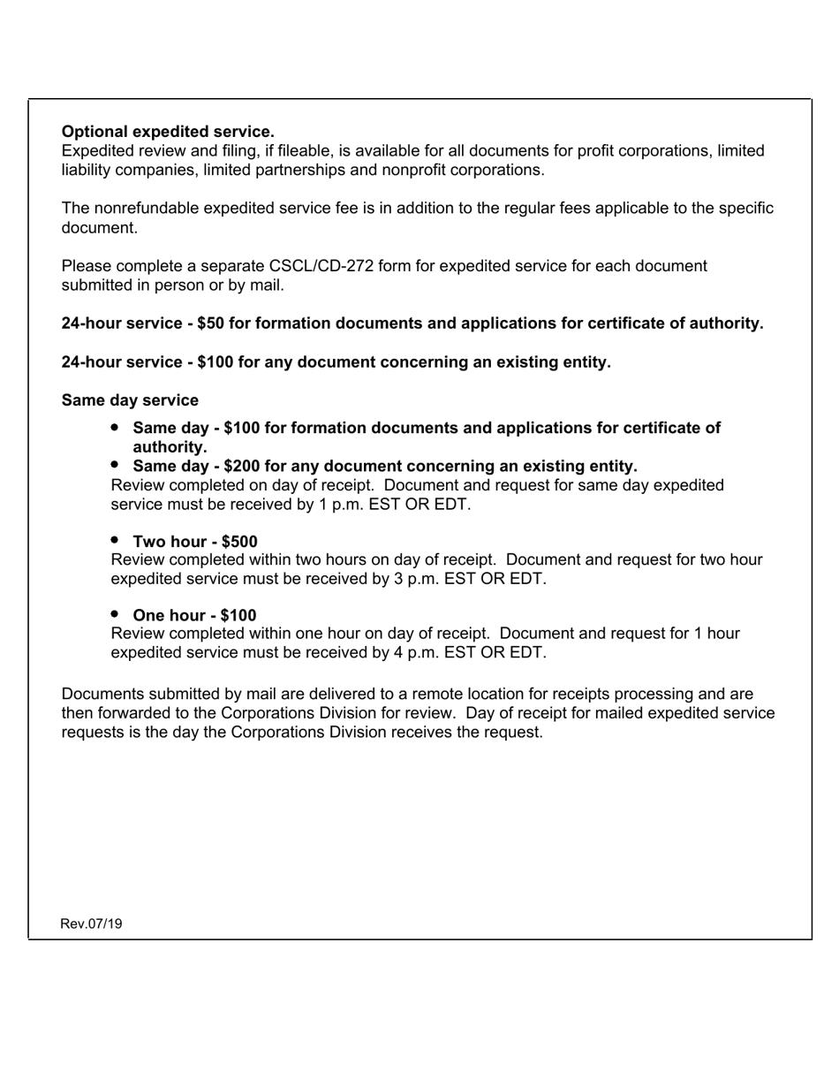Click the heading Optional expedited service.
coord(168,132)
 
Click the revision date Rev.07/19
coord(91,924)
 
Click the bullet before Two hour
coord(116,540)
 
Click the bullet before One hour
coord(116,614)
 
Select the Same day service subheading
coord(130,400)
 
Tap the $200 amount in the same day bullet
coord(242,466)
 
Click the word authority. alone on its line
coord(170,447)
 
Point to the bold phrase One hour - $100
coord(194,615)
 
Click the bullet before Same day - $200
coord(116,465)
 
